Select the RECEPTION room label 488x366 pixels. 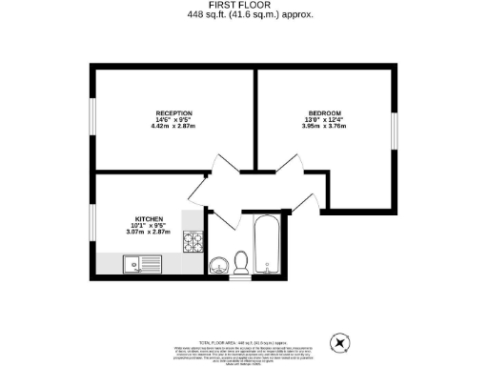tap(173, 112)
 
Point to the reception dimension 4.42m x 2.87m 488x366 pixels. tap(173, 127)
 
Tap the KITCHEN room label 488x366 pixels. tap(148, 217)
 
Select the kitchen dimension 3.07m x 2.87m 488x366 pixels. tap(148, 232)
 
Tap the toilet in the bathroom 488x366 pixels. tap(241, 260)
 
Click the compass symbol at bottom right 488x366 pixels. tap(341, 341)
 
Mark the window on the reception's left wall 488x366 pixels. tap(92, 119)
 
